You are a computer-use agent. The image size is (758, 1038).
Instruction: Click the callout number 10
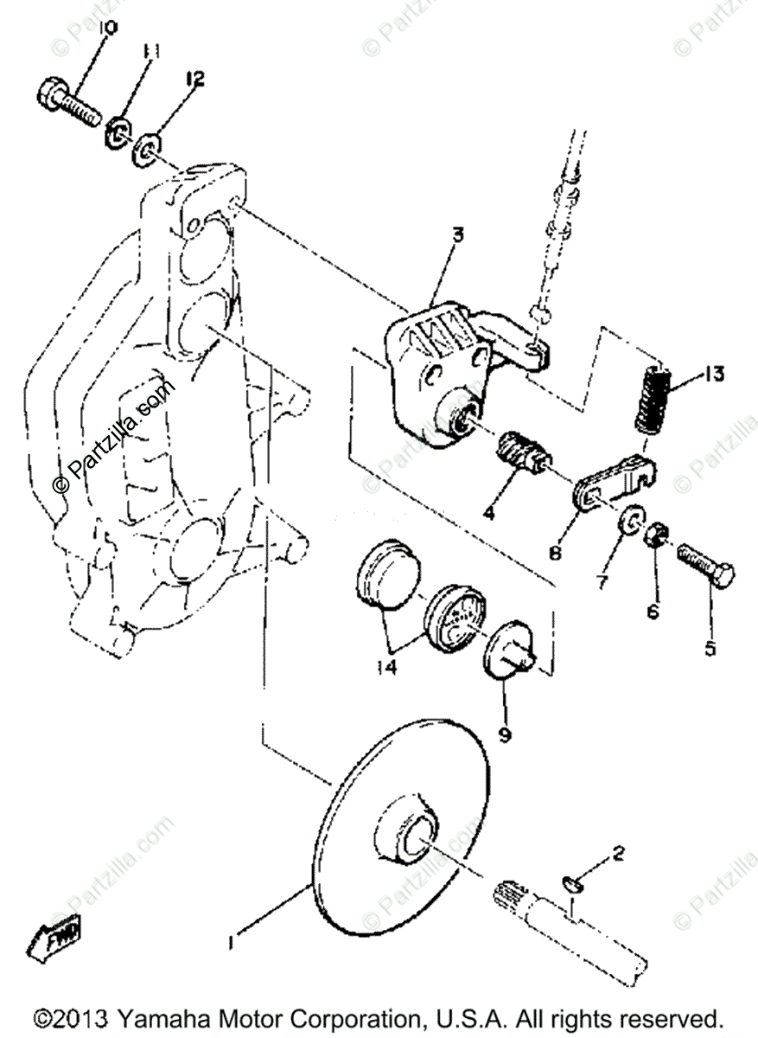click(108, 29)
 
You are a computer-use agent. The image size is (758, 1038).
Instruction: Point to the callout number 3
click(458, 234)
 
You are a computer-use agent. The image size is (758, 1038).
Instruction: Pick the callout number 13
click(713, 375)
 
